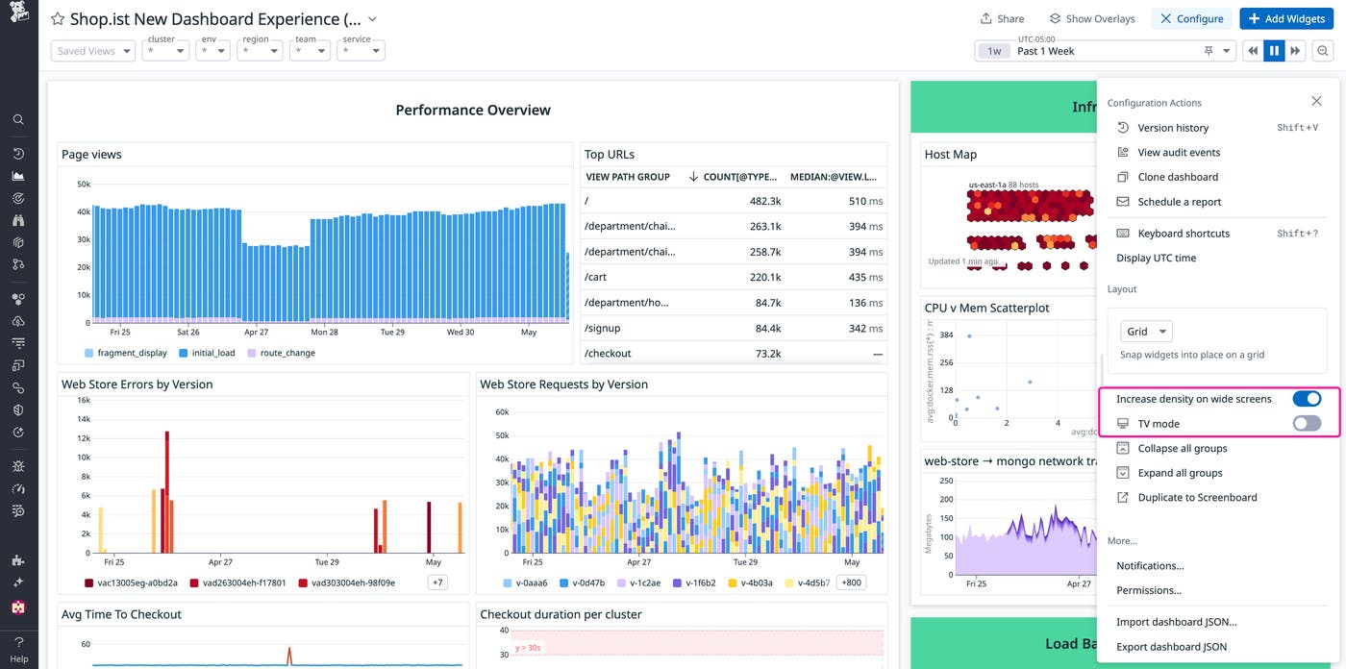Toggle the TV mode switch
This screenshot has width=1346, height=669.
(1307, 424)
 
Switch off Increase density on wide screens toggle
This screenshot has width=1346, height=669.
(1307, 399)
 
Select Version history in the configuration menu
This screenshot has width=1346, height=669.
(1172, 128)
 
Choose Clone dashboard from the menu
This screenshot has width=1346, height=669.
(1177, 177)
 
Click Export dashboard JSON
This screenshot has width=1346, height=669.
(1171, 647)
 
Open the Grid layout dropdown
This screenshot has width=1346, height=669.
(1146, 332)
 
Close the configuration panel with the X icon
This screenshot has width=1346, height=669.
(1316, 101)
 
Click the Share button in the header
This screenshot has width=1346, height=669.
(1002, 18)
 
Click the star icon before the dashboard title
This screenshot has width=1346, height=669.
(58, 19)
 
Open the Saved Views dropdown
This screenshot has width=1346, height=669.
(92, 51)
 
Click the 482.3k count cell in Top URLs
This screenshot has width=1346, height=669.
(764, 202)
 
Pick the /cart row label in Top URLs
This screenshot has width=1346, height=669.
(595, 277)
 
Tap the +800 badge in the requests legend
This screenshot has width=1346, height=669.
(851, 582)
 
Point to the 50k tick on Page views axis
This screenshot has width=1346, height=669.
(83, 184)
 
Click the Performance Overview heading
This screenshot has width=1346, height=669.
(473, 111)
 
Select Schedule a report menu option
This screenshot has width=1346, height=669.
(1179, 202)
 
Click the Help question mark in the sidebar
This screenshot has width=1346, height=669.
(18, 642)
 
